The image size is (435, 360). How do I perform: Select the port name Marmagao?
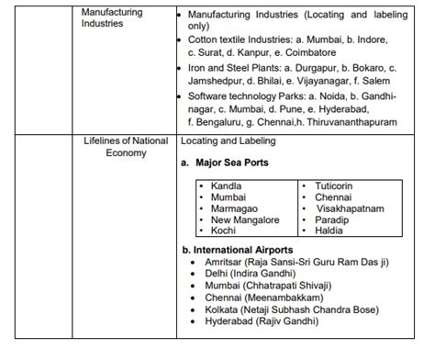tap(233, 208)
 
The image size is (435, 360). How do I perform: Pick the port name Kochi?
tap(223, 231)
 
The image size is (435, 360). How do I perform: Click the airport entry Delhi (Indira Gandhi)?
tap(249, 274)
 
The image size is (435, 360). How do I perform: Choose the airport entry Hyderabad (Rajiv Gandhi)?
tap(262, 322)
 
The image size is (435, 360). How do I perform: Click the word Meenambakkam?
tap(282, 298)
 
